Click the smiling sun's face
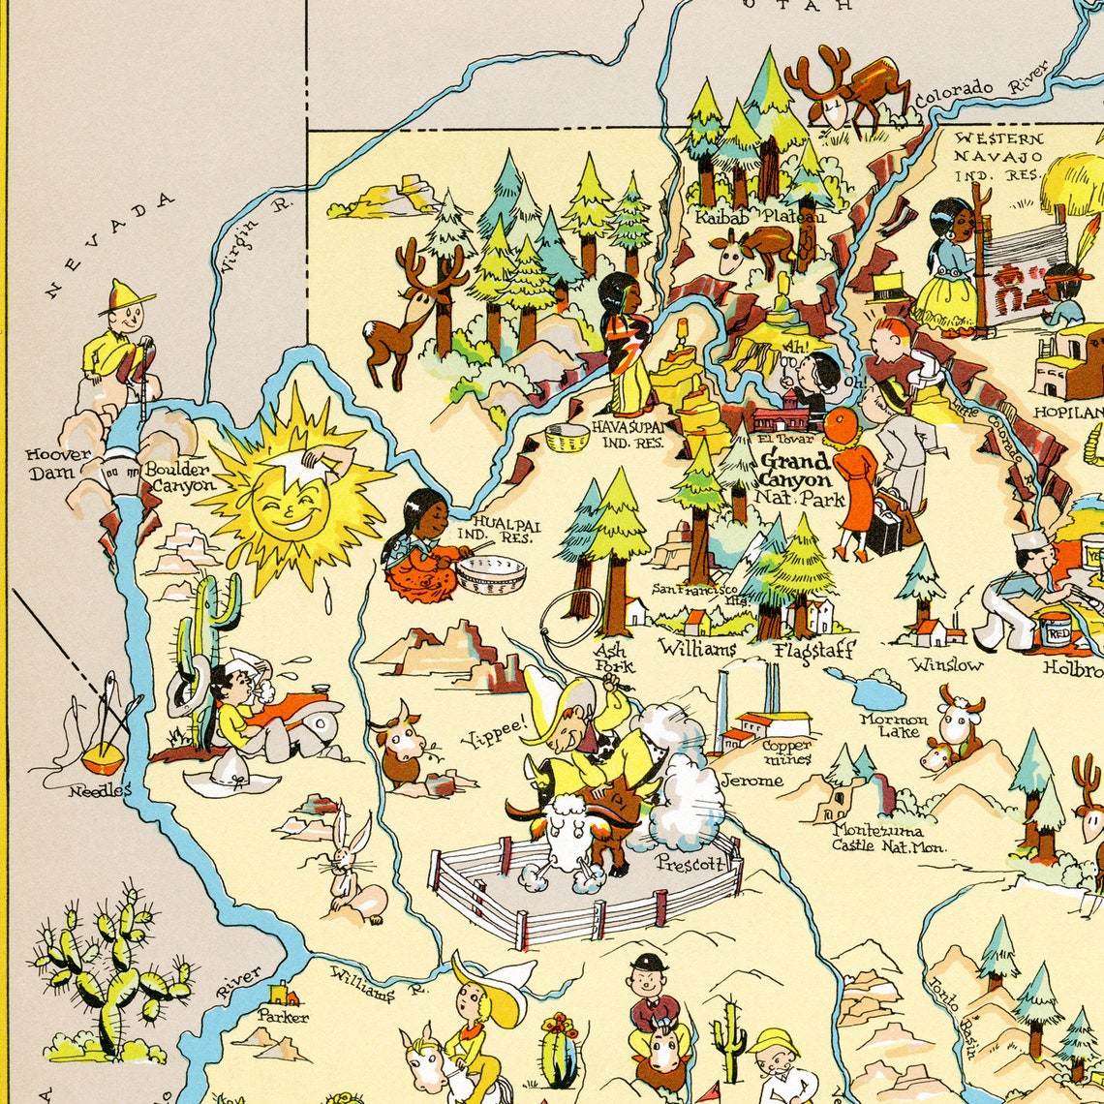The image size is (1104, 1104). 291,504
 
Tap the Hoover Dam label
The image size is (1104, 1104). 58,463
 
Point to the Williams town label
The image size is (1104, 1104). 697,648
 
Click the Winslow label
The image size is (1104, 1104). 946,664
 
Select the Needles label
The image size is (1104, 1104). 99,790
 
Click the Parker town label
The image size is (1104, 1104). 283,1016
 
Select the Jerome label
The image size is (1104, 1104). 751,780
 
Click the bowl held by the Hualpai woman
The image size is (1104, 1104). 491,573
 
